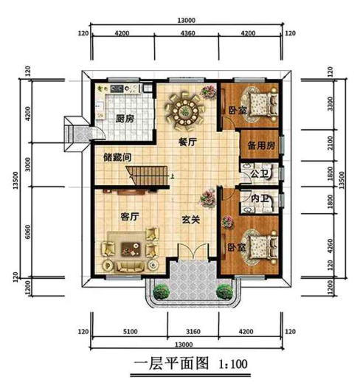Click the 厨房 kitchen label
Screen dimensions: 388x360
click(123, 118)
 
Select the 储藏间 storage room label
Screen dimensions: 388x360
click(117, 156)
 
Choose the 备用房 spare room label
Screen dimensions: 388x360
click(260, 145)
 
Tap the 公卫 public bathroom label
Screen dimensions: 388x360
click(258, 175)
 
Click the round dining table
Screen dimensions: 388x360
click(184, 111)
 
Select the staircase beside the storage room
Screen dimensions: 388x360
click(140, 176)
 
